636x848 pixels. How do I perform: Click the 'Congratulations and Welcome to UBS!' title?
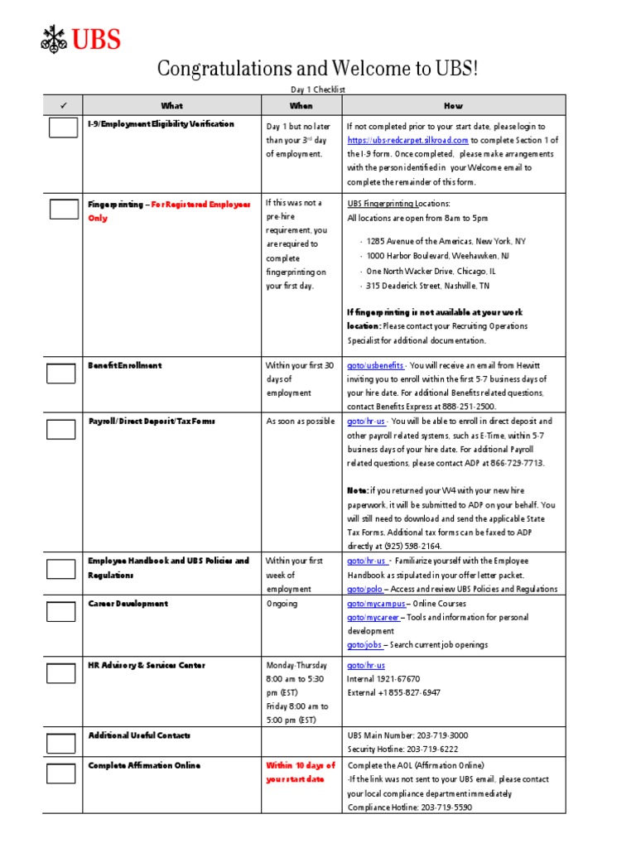coord(317,70)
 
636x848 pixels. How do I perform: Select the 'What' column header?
coord(172,106)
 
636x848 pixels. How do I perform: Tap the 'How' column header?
coord(453,106)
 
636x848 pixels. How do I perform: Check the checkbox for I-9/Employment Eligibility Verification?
coord(63,128)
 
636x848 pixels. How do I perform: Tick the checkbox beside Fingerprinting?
coord(63,209)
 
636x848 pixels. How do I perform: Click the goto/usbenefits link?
coord(375,365)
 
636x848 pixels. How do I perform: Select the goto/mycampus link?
coord(376,604)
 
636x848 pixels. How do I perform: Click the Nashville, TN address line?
coord(427,286)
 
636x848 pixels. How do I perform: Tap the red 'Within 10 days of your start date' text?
coord(300,773)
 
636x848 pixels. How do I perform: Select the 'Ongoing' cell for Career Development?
coord(281,604)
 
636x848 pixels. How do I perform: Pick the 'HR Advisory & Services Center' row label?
coord(147,665)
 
